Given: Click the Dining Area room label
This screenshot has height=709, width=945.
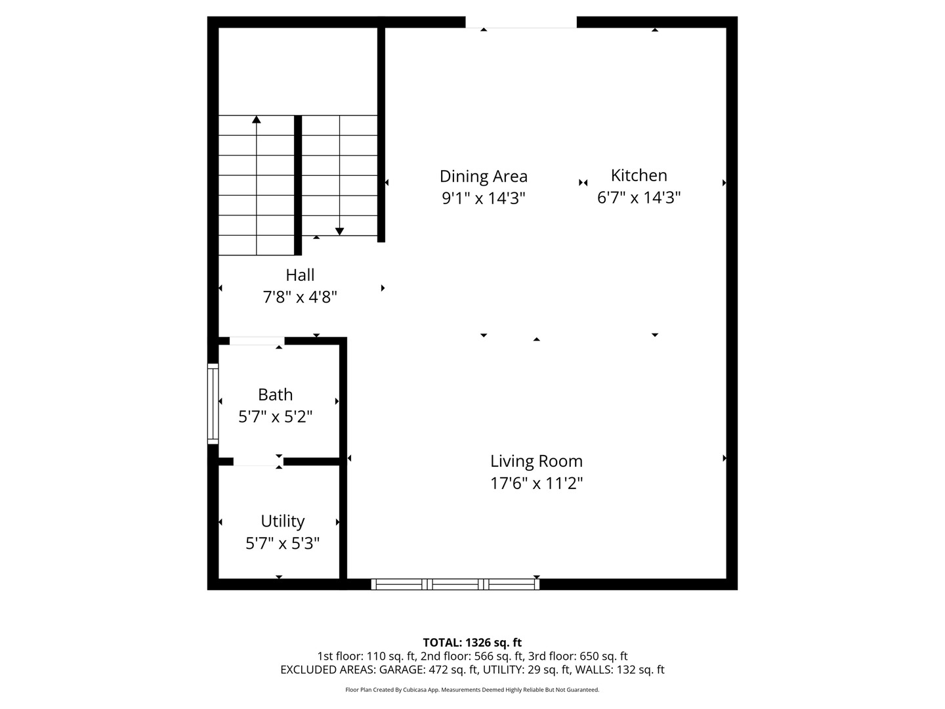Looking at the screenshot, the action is coord(483,177).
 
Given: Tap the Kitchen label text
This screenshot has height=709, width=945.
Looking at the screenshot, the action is coord(639,175).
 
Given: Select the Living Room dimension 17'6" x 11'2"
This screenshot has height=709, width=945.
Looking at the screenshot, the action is coord(536,483).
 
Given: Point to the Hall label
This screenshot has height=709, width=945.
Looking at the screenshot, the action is coord(300,274).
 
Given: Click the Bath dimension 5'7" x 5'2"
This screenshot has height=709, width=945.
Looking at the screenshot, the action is coord(275,416).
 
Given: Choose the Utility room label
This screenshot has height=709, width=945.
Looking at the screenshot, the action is coord(282,521).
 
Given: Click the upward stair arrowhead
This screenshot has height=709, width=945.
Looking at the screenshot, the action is coord(256,119).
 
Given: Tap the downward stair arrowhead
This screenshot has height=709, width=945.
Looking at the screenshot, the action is coord(339,232).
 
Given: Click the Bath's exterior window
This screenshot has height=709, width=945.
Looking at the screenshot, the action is coord(213,403).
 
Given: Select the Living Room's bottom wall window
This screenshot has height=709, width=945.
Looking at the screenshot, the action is coord(455,584).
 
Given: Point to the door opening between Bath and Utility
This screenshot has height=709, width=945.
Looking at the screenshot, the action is coord(259,462).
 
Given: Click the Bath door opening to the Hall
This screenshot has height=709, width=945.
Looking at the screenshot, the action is coord(257,341).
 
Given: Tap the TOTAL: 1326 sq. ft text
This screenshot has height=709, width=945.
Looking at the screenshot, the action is coord(472,643).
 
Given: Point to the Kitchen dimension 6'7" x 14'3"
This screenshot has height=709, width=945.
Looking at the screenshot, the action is coord(639,198).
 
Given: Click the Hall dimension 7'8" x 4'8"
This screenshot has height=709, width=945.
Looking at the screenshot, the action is coord(300,297).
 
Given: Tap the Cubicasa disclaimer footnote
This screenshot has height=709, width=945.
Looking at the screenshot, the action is coord(472,689).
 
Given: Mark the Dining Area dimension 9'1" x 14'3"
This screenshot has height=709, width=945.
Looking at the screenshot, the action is coord(484,198).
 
